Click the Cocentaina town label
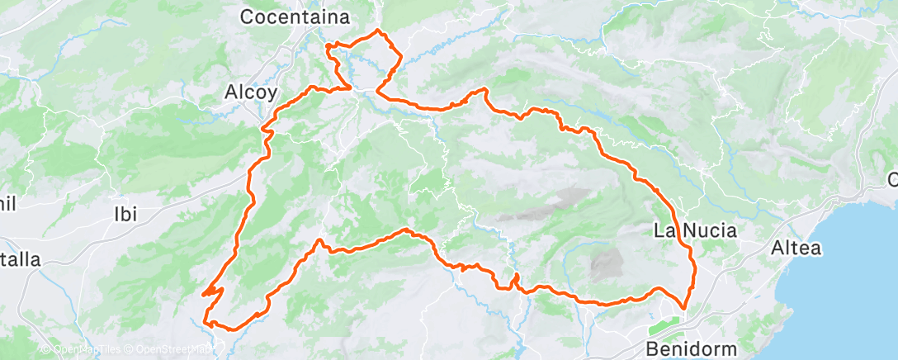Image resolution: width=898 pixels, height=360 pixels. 295,17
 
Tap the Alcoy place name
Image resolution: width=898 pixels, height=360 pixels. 251,93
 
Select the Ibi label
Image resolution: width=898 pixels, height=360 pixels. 124,214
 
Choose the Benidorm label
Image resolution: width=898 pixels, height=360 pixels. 692,348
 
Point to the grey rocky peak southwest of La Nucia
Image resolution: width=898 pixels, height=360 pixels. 608,264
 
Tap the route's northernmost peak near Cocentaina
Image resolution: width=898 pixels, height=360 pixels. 378,31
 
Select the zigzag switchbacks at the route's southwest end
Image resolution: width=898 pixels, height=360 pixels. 212,290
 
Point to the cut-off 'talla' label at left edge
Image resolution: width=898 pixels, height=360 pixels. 20,260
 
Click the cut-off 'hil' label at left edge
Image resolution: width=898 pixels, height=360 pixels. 9,203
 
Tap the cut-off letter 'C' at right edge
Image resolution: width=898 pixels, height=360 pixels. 892,179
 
